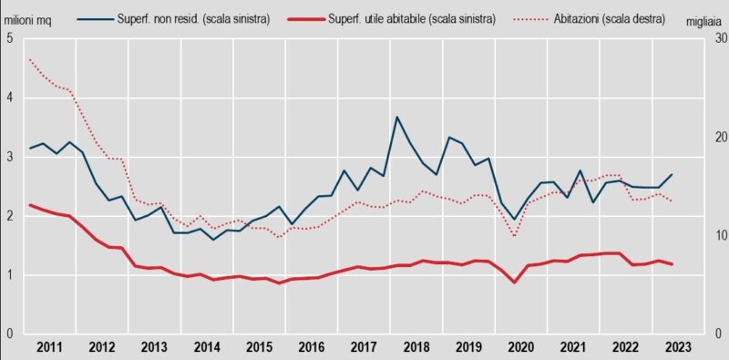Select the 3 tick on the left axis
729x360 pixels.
pyautogui.click(x=9, y=157)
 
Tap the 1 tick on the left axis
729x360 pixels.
pyautogui.click(x=9, y=275)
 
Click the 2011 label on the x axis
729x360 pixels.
pyautogui.click(x=50, y=347)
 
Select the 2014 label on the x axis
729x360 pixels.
pyautogui.click(x=207, y=347)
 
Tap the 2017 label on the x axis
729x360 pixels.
pyautogui.click(x=364, y=347)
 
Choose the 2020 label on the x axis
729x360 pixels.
pyautogui.click(x=520, y=347)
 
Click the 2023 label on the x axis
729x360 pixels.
pyautogui.click(x=677, y=347)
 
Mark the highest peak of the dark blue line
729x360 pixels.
pyautogui.click(x=397, y=117)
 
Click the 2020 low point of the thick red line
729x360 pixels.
pyautogui.click(x=515, y=282)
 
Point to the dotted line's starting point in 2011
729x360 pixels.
pyautogui.click(x=30, y=60)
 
